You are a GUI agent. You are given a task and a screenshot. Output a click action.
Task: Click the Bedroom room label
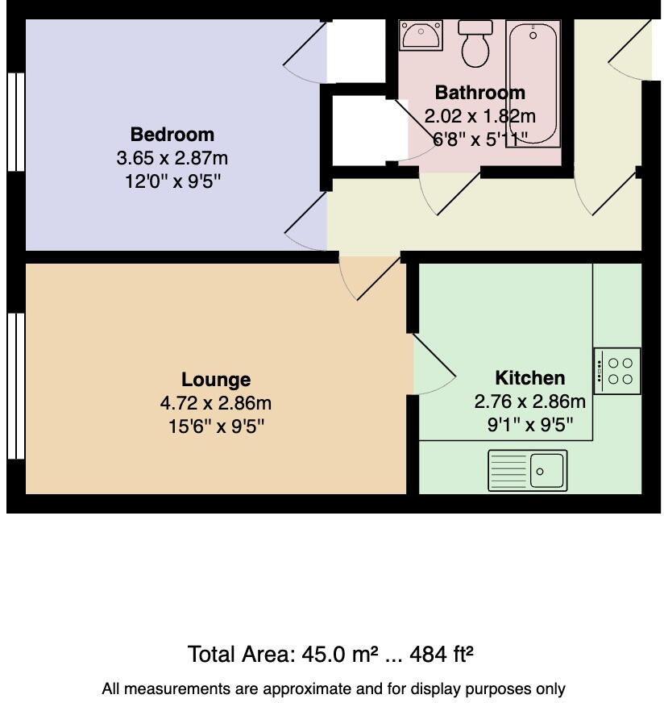click(172, 134)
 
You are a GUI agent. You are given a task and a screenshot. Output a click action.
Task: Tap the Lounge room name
click(215, 379)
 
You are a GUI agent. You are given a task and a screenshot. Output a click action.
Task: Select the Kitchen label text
click(529, 377)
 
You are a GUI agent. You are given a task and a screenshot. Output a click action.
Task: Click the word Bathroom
click(479, 92)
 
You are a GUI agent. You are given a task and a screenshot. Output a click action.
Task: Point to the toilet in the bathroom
click(475, 42)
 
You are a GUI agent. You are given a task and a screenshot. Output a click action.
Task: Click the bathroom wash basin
click(420, 35)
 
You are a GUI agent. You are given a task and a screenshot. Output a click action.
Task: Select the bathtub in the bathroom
click(533, 84)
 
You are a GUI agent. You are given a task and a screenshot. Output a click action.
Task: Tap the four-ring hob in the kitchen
click(617, 371)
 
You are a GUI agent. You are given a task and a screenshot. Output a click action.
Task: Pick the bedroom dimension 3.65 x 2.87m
click(172, 157)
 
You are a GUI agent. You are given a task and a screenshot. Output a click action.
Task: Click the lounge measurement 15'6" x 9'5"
click(216, 426)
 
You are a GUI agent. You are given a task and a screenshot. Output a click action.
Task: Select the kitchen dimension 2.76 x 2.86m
click(529, 401)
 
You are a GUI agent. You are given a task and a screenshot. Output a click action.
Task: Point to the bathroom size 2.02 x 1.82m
click(479, 115)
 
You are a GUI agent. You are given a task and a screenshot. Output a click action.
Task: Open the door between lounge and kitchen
click(434, 364)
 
